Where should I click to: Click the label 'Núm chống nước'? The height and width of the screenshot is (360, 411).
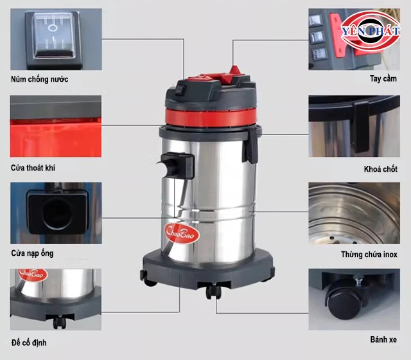40,79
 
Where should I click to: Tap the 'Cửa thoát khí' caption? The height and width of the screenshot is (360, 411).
33,168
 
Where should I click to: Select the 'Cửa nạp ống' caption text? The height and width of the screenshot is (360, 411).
32,253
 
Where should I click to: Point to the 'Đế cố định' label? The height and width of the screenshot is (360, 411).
29,343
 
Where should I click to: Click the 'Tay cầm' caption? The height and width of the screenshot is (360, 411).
383,78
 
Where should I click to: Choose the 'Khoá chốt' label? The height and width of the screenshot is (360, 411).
381,169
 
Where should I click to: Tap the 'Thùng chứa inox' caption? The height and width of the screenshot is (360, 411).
369,255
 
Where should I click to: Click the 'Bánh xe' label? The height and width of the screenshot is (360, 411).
383,339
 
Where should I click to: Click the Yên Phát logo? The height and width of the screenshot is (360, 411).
371,31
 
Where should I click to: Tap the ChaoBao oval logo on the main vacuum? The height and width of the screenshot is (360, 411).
182,233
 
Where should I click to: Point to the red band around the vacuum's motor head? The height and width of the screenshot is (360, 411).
211,118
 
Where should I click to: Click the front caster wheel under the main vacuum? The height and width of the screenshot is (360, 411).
213,291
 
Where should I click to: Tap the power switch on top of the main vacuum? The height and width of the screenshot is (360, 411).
180,89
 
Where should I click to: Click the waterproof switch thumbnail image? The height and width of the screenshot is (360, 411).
56,39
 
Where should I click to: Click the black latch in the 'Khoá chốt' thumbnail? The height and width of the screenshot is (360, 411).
361,127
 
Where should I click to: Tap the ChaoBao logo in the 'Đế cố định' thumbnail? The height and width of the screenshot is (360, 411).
33,274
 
